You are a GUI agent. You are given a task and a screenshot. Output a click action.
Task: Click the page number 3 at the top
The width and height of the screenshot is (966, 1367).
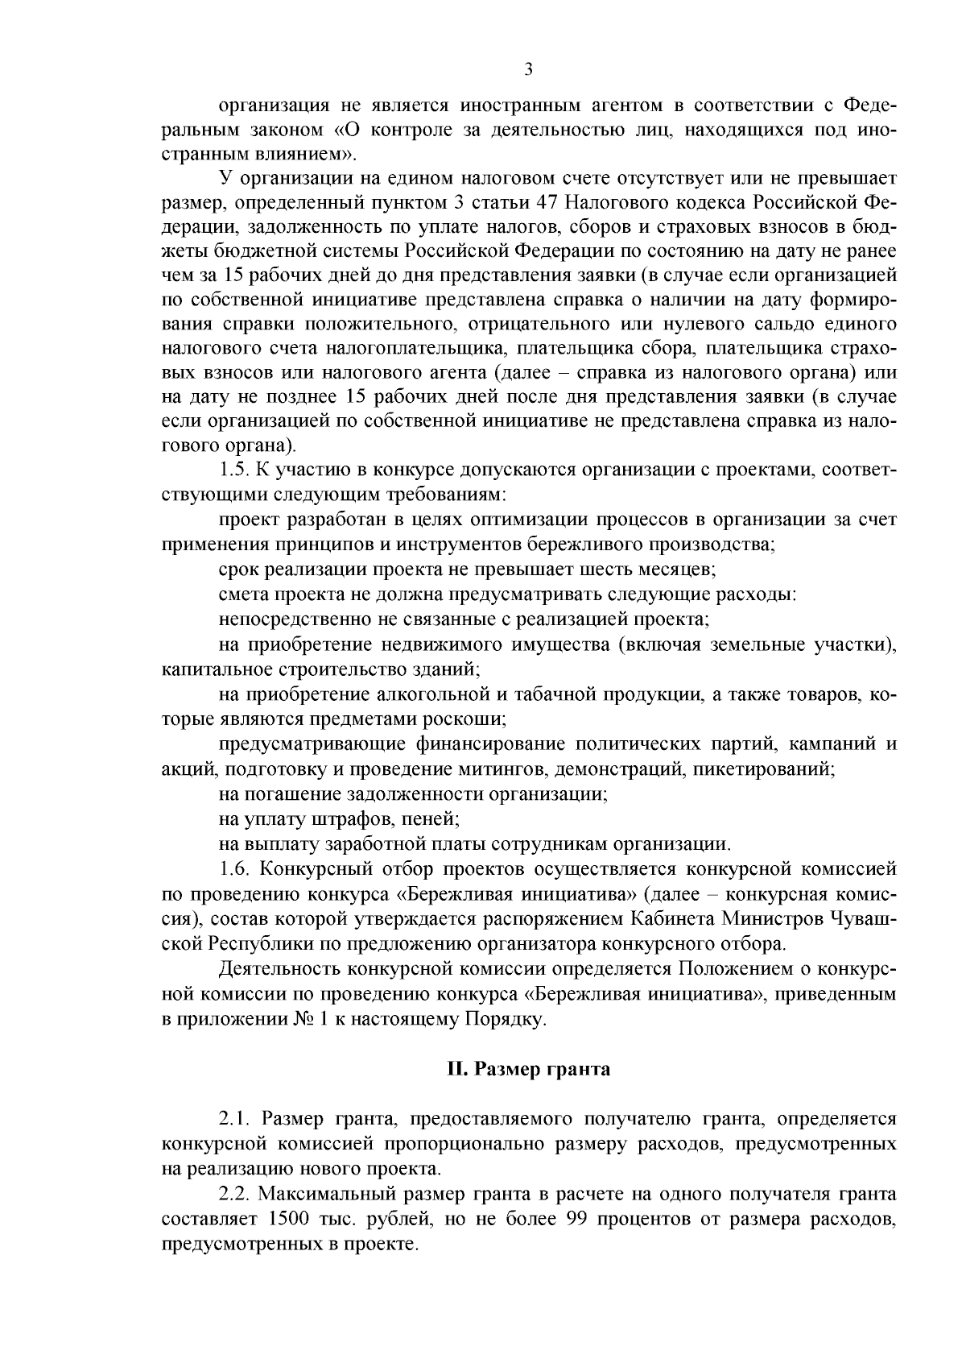pyautogui.click(x=528, y=70)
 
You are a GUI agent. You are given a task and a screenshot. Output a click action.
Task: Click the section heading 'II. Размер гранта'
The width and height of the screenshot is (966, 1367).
pyautogui.click(x=528, y=1070)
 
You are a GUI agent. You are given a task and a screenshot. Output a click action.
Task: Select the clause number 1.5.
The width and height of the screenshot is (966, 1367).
pyautogui.click(x=233, y=470)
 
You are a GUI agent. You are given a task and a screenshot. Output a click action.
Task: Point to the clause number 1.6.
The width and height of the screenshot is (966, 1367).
pyautogui.click(x=233, y=870)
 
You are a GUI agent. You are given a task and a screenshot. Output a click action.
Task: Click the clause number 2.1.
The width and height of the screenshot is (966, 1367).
pyautogui.click(x=233, y=1120)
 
